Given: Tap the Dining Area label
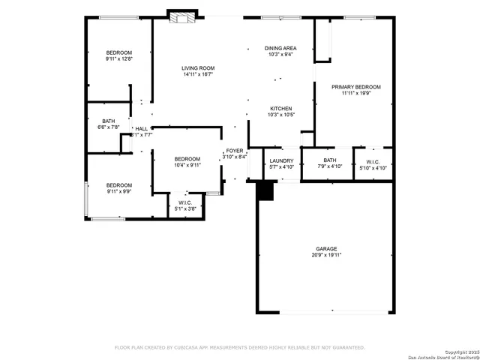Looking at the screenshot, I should [279, 48].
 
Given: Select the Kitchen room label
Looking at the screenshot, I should [280, 109].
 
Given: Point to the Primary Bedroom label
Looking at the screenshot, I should [356, 87].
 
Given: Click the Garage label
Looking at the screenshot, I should [325, 248].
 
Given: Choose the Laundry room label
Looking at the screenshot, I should [281, 160].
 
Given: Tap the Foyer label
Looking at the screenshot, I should [235, 151].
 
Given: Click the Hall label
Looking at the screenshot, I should [141, 129].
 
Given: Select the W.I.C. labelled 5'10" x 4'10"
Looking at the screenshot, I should [373, 161].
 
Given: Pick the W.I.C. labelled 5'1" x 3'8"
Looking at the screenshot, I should [185, 202].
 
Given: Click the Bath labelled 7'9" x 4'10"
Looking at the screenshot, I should [330, 160].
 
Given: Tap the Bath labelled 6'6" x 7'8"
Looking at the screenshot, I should [109, 121].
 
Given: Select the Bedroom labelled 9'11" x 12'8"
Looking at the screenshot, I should [118, 52].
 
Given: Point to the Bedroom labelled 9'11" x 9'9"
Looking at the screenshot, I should [118, 185].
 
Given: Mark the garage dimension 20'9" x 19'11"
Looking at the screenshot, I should [325, 255].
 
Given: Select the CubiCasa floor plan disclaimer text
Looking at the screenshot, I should [239, 347].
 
